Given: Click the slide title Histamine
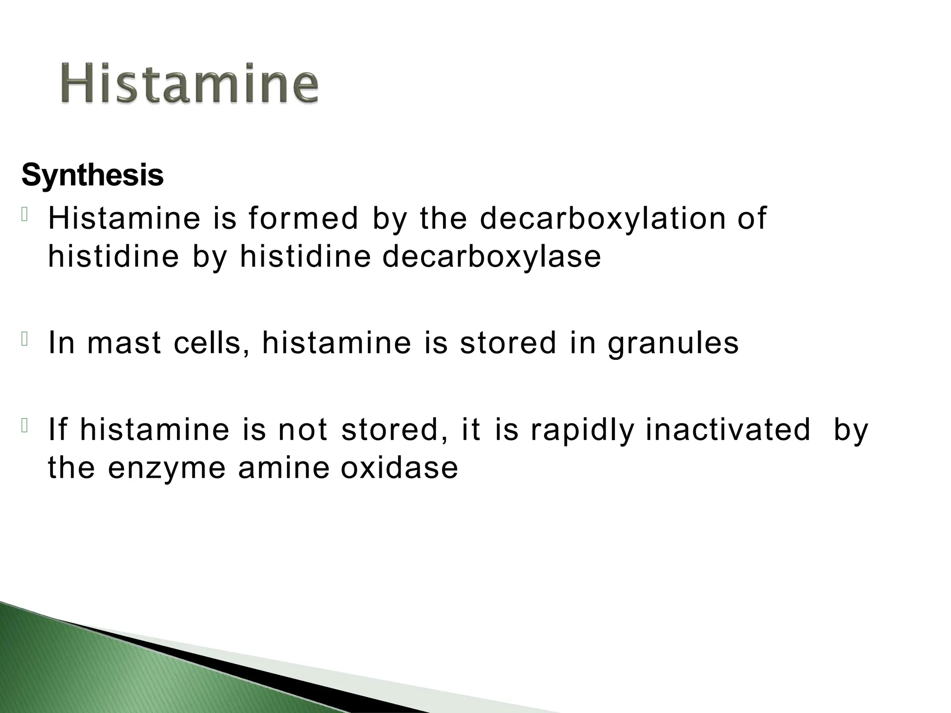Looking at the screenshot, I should [x=189, y=84].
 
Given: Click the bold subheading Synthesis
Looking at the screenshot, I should [x=92, y=176].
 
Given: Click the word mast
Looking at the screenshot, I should [x=124, y=343].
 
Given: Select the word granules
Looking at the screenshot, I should [x=673, y=344].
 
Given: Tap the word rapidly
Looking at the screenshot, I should [x=582, y=430].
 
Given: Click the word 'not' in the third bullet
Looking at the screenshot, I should [x=303, y=430].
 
